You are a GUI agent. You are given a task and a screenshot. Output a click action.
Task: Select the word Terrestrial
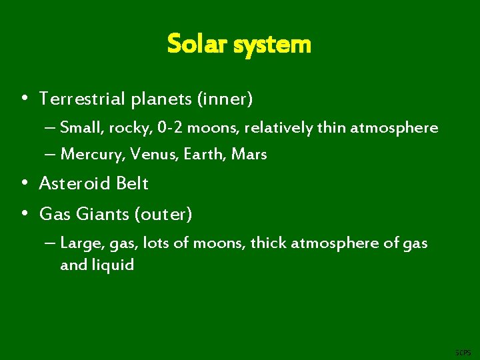click(81, 99)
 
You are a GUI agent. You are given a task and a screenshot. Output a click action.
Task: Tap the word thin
click(329, 127)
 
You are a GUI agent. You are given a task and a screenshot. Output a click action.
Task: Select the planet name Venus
click(152, 155)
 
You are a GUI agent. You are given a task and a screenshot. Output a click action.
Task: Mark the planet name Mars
click(249, 155)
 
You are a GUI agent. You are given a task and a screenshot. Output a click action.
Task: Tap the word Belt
click(131, 183)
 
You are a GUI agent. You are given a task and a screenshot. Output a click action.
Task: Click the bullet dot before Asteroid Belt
click(24, 183)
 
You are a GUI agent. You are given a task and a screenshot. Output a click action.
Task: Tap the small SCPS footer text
click(462, 351)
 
